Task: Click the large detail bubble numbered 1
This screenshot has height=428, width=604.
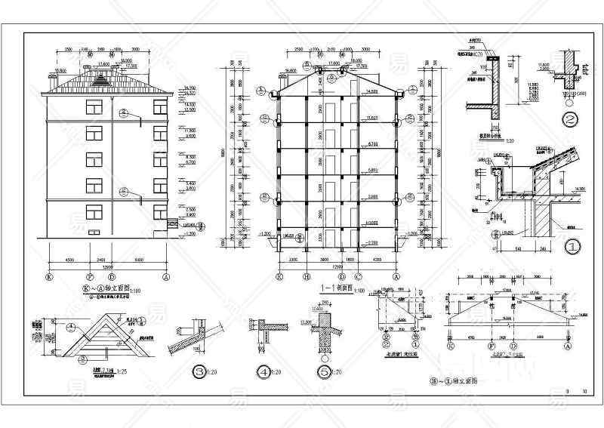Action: point(572,245)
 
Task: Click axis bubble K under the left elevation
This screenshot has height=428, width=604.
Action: point(49,277)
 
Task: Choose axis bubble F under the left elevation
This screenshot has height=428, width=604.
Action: point(91,277)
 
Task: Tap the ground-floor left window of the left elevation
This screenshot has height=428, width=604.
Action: point(94,212)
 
